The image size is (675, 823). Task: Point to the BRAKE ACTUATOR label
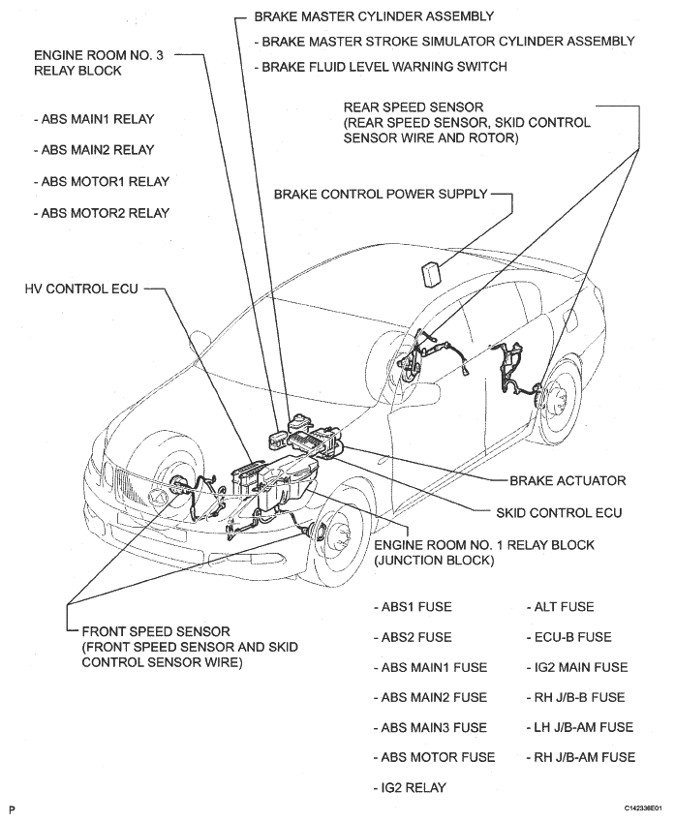(568, 480)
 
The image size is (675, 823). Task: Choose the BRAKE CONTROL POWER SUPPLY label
(381, 194)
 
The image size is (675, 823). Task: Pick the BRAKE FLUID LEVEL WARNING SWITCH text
(380, 67)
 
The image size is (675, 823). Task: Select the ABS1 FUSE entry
(413, 607)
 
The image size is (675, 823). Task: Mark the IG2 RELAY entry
(411, 788)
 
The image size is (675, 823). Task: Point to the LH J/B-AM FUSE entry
(579, 727)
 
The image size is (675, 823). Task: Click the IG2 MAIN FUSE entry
(576, 667)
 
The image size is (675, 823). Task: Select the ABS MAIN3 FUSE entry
(430, 727)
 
